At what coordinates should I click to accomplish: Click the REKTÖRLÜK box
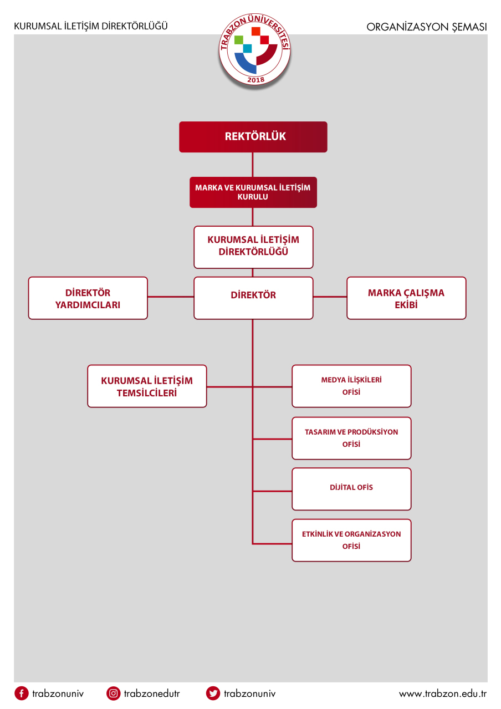click(x=253, y=137)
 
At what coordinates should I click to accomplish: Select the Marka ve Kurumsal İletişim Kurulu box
click(x=253, y=192)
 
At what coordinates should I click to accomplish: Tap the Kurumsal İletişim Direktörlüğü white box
click(x=253, y=247)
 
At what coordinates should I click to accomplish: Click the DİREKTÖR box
click(x=253, y=298)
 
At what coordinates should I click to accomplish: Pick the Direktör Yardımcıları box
click(x=88, y=298)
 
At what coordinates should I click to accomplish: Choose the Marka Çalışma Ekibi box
click(x=406, y=298)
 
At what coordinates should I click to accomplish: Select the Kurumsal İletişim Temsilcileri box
click(x=147, y=386)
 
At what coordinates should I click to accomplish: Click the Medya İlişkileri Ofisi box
click(x=351, y=386)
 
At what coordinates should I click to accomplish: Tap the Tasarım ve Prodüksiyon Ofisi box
click(x=351, y=438)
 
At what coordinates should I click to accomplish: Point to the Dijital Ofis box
click(x=351, y=489)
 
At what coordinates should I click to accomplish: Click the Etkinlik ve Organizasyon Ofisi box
click(x=351, y=540)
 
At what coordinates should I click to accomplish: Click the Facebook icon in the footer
click(x=22, y=693)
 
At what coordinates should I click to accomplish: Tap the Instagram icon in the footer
click(x=113, y=693)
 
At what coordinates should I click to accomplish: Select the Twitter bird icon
click(x=213, y=693)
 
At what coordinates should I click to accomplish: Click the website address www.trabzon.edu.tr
click(x=442, y=693)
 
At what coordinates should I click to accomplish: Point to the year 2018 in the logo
click(x=255, y=80)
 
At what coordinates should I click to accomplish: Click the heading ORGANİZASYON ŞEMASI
click(x=426, y=27)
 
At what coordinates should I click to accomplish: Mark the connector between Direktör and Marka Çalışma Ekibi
click(x=330, y=297)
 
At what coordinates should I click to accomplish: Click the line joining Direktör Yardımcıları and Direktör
click(x=171, y=297)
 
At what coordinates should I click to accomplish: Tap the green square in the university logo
click(x=239, y=40)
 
